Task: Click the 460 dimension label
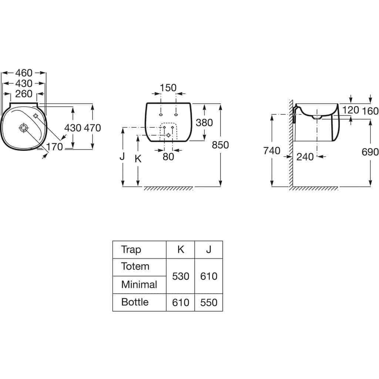tap(24, 73)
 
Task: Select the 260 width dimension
tap(24, 94)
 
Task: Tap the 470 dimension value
tap(92, 128)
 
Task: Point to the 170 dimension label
tap(54, 147)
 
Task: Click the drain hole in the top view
tap(24, 128)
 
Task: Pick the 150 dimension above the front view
tap(168, 88)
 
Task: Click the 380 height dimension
tap(204, 123)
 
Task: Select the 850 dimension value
tap(220, 145)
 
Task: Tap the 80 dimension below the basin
tap(168, 157)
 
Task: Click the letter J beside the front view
tap(122, 157)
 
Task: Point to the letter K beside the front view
tap(138, 159)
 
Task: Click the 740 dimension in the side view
tap(272, 151)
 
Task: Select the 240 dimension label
tap(305, 157)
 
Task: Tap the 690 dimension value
tap(370, 152)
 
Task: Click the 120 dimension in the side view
tap(351, 110)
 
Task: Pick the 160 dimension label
tap(370, 111)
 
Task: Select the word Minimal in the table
tap(139, 285)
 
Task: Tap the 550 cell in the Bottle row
tap(209, 302)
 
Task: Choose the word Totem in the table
tap(135, 266)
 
